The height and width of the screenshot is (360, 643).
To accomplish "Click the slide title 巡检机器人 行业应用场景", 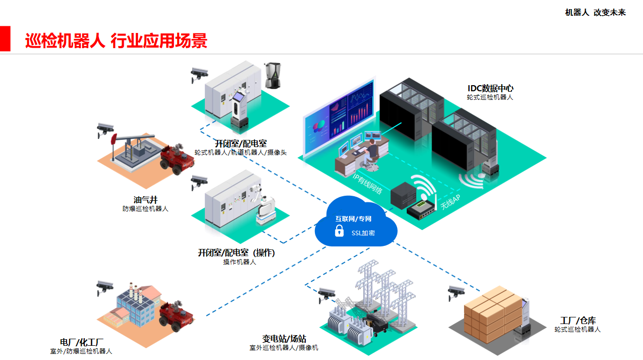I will tap(116, 41).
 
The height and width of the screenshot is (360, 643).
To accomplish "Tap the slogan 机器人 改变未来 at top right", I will tap(595, 13).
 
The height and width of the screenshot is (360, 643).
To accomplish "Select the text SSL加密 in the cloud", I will tap(363, 233).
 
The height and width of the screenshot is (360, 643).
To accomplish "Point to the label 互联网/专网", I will tap(353, 219).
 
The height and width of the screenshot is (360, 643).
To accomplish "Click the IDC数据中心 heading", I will tap(490, 88).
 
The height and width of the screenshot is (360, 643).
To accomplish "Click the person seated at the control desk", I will tap(372, 152).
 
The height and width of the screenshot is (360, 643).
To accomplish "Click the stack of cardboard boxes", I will tap(492, 311).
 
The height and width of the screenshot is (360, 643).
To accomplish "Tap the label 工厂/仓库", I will tap(578, 320).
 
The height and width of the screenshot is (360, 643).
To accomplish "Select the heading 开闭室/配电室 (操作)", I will tap(236, 253).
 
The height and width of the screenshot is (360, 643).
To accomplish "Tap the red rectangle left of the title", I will tap(5, 39).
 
